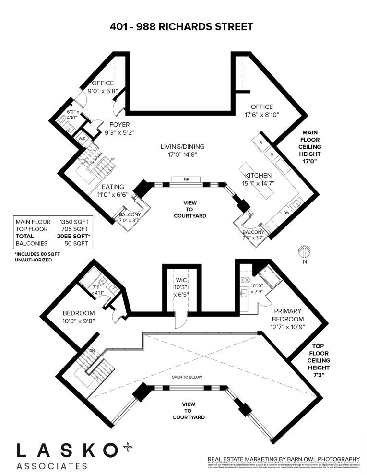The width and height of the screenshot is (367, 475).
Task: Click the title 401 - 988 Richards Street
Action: pyautogui.click(x=181, y=27)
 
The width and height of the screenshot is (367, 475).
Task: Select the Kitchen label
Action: pyautogui.click(x=258, y=176)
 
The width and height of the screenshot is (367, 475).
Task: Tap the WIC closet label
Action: pyautogui.click(x=181, y=280)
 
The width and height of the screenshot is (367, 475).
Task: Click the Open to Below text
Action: pyautogui.click(x=187, y=377)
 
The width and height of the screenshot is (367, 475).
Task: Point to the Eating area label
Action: pyautogui.click(x=113, y=187)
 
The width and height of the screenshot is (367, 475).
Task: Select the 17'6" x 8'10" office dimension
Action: pyautogui.click(x=261, y=114)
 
